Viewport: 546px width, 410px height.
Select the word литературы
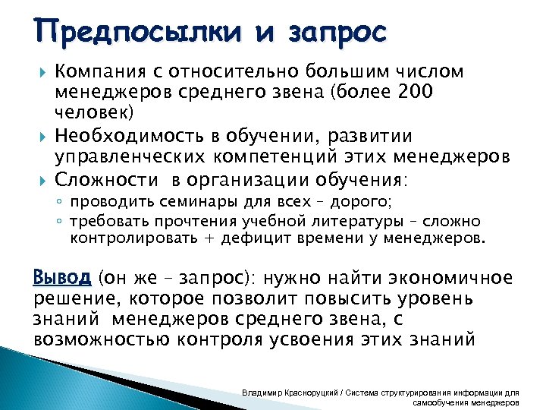tap(319, 221)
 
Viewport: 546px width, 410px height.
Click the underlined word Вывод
tap(63, 276)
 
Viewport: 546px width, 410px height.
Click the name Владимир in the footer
tap(262, 393)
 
